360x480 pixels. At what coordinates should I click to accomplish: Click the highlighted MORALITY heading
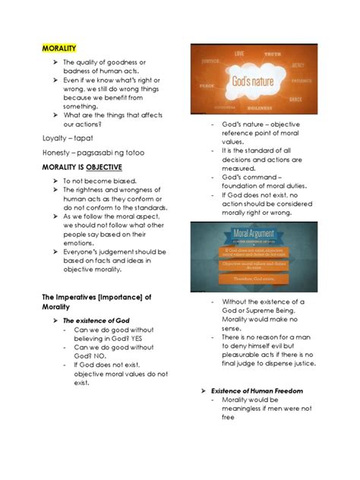pos(59,49)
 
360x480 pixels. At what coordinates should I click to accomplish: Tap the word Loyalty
pos(57,138)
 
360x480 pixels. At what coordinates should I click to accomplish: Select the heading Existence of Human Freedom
pos(257,390)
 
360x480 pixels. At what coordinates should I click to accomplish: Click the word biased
pos(123,181)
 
